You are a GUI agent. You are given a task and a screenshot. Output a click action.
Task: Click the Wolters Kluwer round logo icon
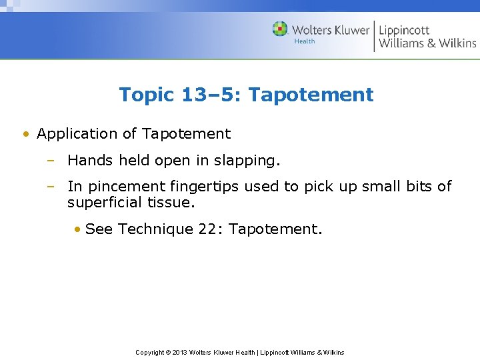(281, 29)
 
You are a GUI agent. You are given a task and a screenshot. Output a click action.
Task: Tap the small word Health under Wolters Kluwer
(305, 41)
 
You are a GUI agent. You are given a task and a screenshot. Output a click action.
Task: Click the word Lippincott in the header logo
(404, 30)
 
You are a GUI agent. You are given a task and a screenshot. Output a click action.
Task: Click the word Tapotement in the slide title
(311, 95)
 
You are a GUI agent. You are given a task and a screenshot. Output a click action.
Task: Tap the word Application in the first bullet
(78, 134)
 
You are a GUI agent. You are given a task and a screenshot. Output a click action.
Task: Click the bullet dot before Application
(26, 134)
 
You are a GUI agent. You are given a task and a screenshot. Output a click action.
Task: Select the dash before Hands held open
(51, 161)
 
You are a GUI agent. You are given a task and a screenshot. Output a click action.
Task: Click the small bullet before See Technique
(78, 229)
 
